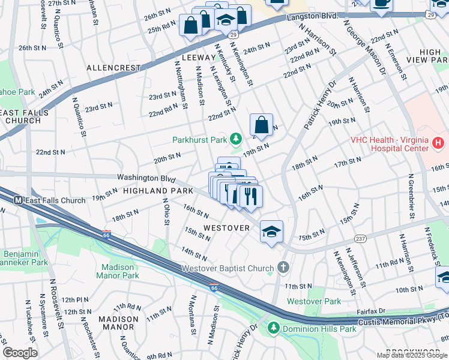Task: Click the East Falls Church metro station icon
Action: coord(19,200)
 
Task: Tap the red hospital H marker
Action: coord(438,144)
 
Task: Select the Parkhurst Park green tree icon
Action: coord(237,140)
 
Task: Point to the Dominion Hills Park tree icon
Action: coord(274,328)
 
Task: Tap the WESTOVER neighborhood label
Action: coord(226,228)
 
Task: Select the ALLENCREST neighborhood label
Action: coord(113,68)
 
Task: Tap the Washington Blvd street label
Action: coord(146,178)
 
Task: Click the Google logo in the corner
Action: coord(20,353)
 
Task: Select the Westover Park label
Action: coord(313,301)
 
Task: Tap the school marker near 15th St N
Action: coord(271,231)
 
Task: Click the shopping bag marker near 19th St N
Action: coord(261,125)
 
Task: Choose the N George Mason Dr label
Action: coord(364,50)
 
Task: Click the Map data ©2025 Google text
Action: coord(411,355)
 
